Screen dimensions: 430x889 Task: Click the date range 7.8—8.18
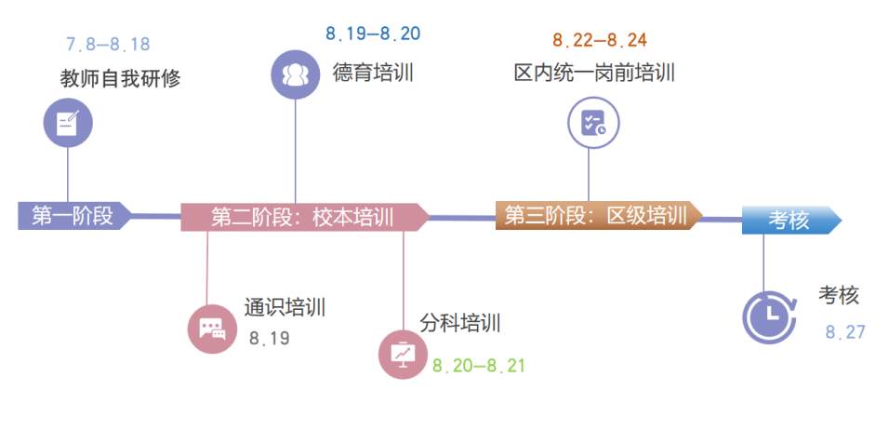[108, 44]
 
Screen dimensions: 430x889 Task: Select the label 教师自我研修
[114, 78]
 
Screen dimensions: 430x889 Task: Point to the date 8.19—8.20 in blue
[372, 34]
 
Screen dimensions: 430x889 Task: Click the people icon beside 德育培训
[295, 74]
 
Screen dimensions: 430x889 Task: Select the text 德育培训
[373, 73]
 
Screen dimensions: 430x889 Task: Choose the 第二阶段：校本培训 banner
[302, 217]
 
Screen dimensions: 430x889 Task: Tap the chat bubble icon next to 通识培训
[212, 329]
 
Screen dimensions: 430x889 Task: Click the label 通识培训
[285, 307]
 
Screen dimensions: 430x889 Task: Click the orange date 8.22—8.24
[600, 40]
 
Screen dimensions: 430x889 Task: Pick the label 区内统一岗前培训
[594, 73]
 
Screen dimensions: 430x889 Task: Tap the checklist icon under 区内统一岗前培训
[592, 123]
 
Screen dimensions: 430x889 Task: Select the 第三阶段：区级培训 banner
[595, 216]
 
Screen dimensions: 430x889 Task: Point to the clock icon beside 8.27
[769, 316]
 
